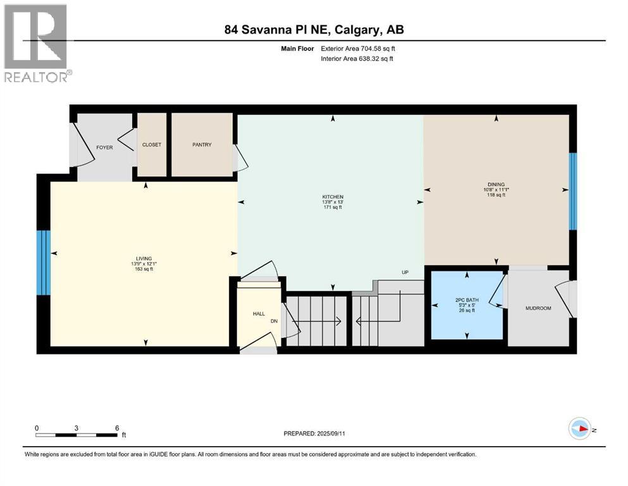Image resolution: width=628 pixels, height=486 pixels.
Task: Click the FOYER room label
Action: [x=104, y=147]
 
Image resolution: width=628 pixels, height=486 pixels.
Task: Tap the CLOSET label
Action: [x=152, y=145]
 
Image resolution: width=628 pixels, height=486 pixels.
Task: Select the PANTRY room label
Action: [x=202, y=145]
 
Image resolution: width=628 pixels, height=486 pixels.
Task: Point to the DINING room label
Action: [x=496, y=184]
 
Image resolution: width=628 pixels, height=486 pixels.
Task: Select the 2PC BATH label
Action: [x=467, y=299]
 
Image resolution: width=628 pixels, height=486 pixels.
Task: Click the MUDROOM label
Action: [x=538, y=309]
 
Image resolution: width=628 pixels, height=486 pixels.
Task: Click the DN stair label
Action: [x=274, y=321]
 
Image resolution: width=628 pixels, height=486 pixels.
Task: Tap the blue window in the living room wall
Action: [x=43, y=263]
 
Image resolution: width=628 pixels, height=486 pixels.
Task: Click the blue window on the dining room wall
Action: [x=573, y=191]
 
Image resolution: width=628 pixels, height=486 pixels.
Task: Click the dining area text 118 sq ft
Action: [x=496, y=195]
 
